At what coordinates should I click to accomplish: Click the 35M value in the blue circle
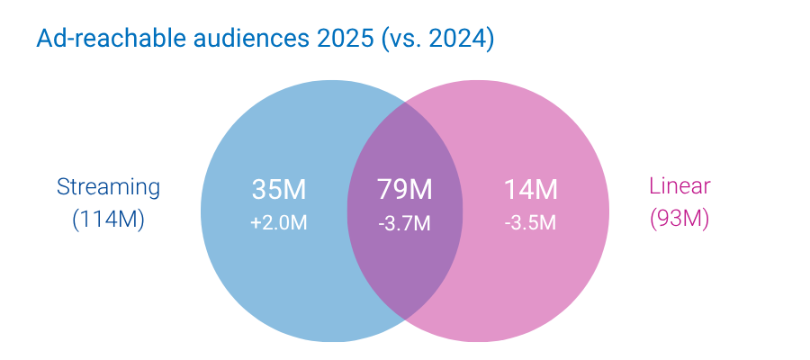[x=279, y=190]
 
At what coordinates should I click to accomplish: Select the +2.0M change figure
[x=279, y=222]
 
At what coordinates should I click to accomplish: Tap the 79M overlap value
[x=405, y=190]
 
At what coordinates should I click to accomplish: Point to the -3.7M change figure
[x=405, y=222]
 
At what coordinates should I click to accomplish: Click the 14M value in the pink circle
[x=531, y=190]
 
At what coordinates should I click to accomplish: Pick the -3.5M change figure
[x=531, y=222]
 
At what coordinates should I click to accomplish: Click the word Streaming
[x=108, y=187]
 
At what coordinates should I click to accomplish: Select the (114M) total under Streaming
[x=108, y=219]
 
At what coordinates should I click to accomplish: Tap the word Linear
[x=679, y=186]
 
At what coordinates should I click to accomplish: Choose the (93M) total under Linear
[x=679, y=219]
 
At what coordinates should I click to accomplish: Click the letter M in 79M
[x=420, y=190]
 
